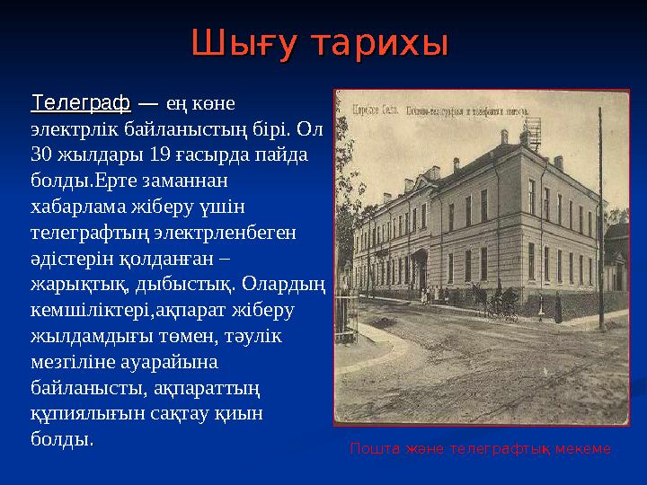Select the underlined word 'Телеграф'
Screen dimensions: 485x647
coord(81,103)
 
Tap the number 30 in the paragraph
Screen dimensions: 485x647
coord(43,154)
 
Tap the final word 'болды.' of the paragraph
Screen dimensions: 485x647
coord(61,440)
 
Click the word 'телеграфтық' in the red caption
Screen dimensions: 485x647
coord(499,448)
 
